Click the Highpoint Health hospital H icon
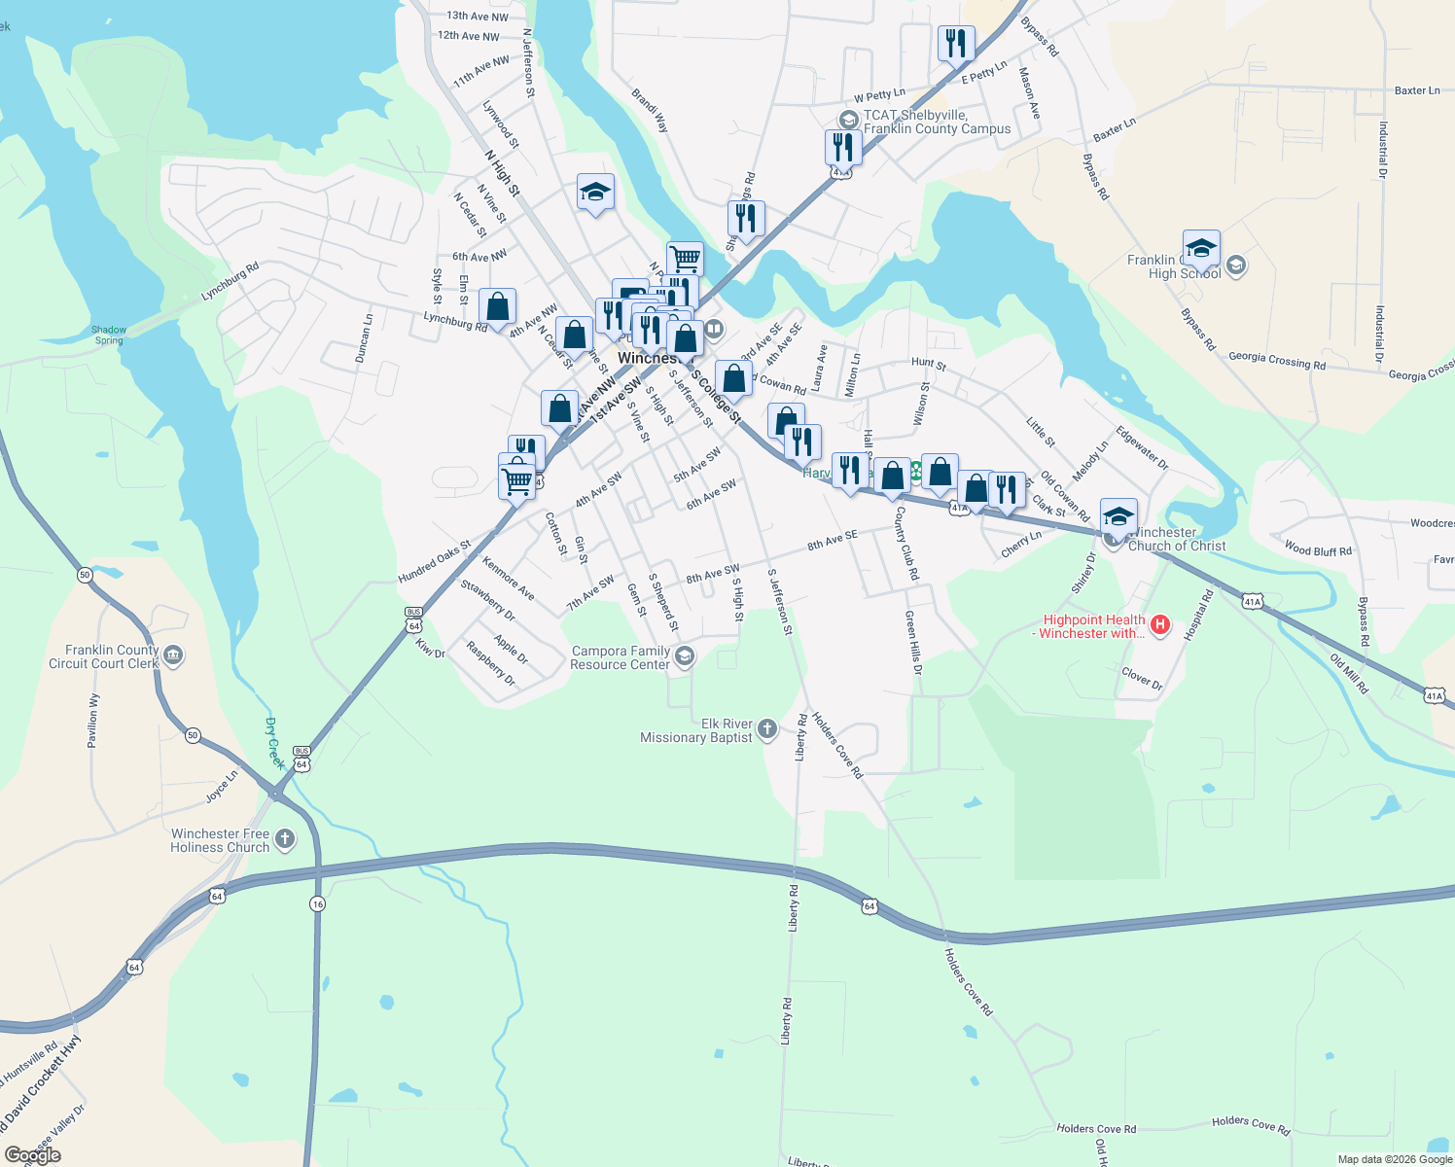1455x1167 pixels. [x=1159, y=625]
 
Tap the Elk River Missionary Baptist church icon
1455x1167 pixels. [x=767, y=728]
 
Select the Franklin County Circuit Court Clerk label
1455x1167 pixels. [x=104, y=656]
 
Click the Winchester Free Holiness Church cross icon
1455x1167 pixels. [x=285, y=838]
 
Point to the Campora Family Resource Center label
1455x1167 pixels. [x=621, y=658]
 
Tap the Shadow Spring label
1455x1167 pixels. [x=109, y=335]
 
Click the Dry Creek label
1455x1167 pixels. [x=275, y=743]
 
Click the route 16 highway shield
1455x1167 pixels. [x=317, y=904]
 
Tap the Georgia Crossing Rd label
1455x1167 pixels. [x=1276, y=360]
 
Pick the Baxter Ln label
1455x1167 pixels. [x=1416, y=90]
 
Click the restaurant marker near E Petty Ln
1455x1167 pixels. [x=956, y=43]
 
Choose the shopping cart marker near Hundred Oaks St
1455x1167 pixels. [x=516, y=479]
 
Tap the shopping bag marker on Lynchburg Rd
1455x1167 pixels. [x=497, y=306]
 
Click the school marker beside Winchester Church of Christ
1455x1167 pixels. [x=1118, y=515]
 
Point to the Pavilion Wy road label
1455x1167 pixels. [x=93, y=721]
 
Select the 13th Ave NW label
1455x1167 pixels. [x=478, y=16]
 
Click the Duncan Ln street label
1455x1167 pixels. [x=363, y=338]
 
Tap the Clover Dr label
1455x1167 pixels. [x=1142, y=678]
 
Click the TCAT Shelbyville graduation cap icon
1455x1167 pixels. [x=848, y=119]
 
